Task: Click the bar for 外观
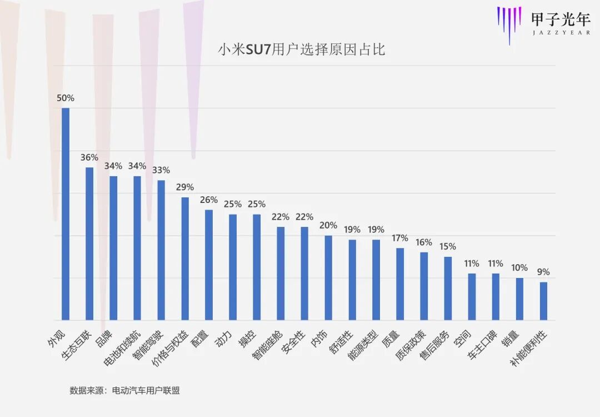(x=66, y=214)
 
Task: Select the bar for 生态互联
(x=89, y=244)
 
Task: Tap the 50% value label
(x=66, y=98)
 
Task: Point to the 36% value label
(x=89, y=157)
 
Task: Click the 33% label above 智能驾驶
(x=161, y=170)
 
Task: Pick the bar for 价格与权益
(x=185, y=259)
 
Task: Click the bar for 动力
(x=233, y=267)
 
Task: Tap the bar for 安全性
(x=304, y=274)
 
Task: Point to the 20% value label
(x=328, y=225)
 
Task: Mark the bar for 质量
(x=400, y=284)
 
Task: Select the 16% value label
(x=424, y=242)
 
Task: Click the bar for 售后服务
(x=448, y=288)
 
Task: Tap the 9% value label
(x=543, y=272)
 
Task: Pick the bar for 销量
(x=519, y=299)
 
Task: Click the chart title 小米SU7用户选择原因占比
(x=302, y=50)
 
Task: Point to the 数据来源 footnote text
(x=124, y=390)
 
